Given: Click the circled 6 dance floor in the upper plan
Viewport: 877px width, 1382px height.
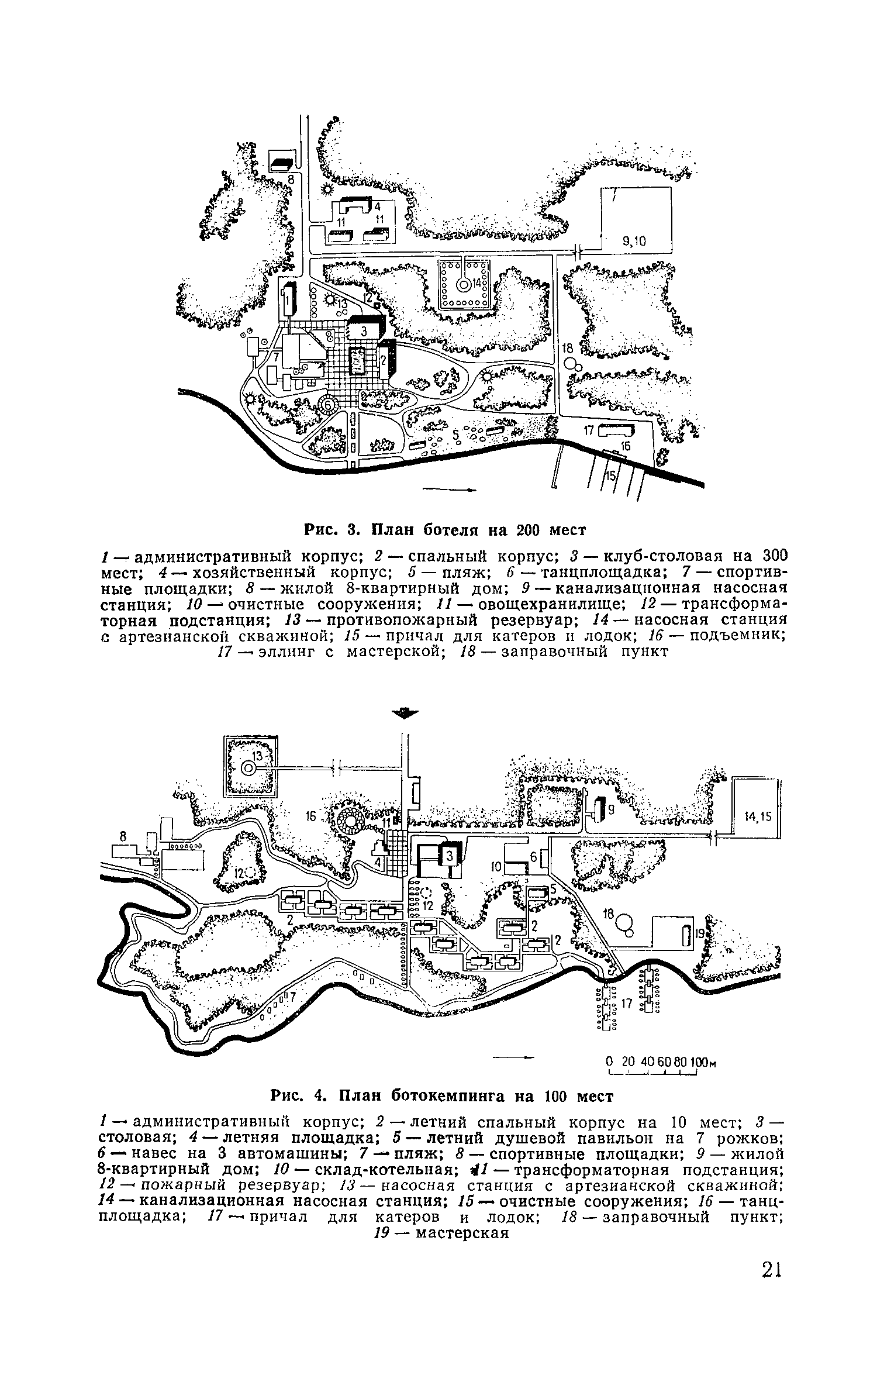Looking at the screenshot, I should tap(329, 404).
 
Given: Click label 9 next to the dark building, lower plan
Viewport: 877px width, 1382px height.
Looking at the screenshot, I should tap(611, 810).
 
